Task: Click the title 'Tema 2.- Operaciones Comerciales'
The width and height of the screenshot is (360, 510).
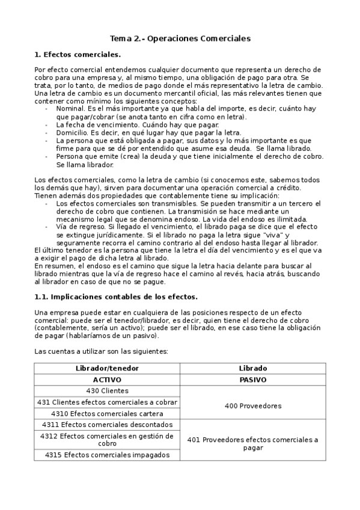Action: tap(180, 38)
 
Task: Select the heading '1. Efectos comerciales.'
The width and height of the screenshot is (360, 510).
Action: tap(78, 54)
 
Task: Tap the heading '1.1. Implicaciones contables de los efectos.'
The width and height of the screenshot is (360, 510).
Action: tap(116, 296)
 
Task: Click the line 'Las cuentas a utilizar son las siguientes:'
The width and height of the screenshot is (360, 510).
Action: tap(101, 351)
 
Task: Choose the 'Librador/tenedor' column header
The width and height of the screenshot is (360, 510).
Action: tap(107, 368)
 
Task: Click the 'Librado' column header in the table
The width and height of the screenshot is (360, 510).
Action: tap(253, 368)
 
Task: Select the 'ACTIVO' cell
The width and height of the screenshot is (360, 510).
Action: tap(107, 380)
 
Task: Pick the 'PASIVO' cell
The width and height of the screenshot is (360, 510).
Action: tap(253, 380)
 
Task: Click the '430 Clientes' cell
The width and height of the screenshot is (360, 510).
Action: tap(107, 391)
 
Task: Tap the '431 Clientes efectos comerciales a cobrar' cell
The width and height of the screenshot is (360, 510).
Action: tap(107, 402)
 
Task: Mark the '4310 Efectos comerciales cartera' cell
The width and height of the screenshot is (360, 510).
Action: tap(107, 413)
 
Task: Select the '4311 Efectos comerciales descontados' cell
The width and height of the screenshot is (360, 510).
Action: tap(107, 425)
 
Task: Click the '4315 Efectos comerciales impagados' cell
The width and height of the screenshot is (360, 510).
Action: tap(107, 455)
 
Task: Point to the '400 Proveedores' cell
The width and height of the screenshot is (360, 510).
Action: tap(253, 406)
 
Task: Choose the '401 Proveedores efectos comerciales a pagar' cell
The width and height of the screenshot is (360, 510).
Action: tap(253, 444)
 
